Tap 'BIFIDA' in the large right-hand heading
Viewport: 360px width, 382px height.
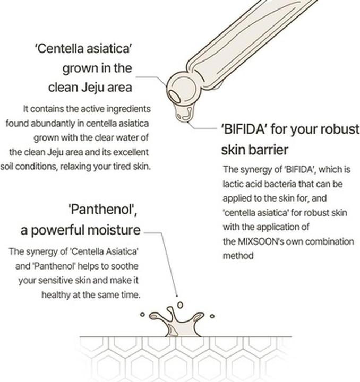[x=245, y=130]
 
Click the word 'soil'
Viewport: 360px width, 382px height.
[x=8, y=166]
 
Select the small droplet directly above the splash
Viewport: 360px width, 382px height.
[x=179, y=305]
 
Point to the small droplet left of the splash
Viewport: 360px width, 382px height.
[x=142, y=314]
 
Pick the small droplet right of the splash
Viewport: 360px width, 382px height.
[x=212, y=316]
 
